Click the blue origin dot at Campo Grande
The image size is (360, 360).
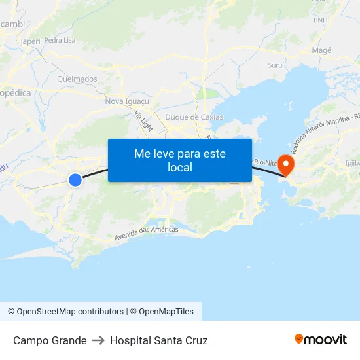[x=75, y=179]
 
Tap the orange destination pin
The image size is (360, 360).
[x=286, y=164]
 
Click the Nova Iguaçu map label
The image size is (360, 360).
[x=128, y=101]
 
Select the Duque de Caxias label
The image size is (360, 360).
[x=194, y=117]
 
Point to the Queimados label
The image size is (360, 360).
[x=77, y=79]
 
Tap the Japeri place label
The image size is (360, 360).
[x=30, y=41]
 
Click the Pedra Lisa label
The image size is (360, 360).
[x=60, y=40]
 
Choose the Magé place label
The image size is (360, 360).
[x=322, y=50]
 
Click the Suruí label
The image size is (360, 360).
[x=276, y=65]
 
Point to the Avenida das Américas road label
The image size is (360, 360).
[x=146, y=232]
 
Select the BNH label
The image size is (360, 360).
[x=321, y=20]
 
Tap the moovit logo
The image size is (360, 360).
[x=321, y=340]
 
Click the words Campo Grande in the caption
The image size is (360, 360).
[x=50, y=340]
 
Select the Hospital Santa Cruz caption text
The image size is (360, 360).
[x=159, y=340]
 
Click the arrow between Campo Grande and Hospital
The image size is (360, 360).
[x=98, y=340]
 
